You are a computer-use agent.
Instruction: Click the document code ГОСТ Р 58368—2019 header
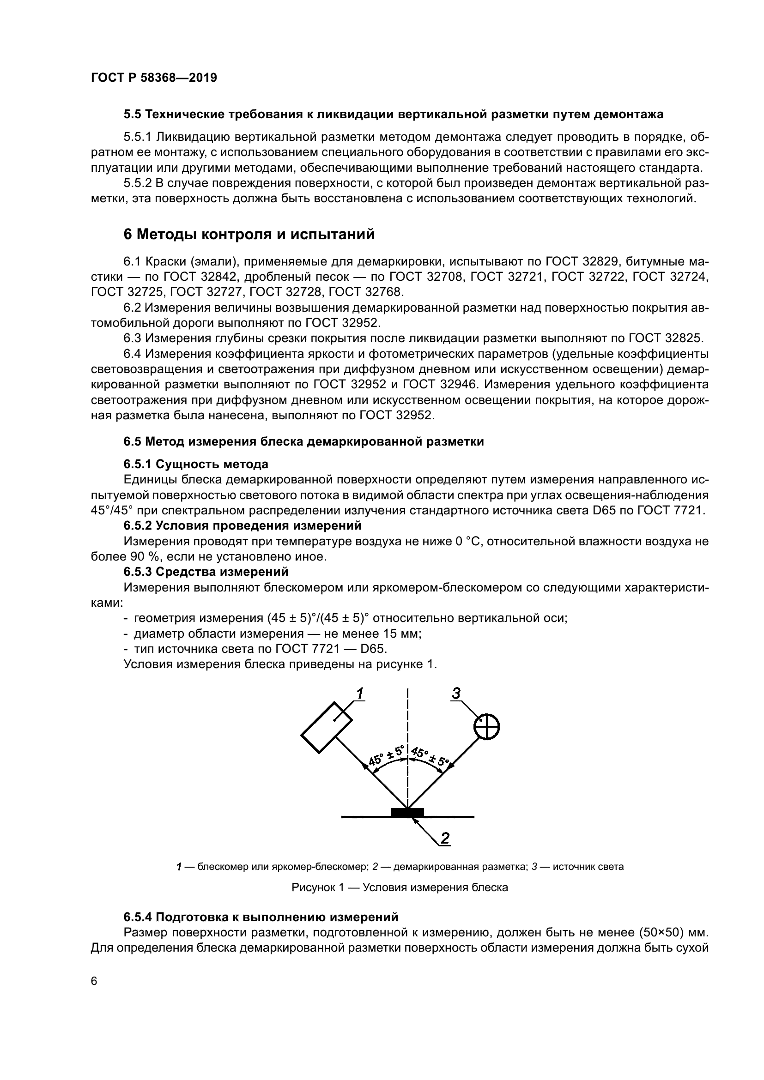pyautogui.click(x=154, y=78)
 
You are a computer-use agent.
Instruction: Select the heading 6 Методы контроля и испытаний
pyautogui.click(x=249, y=234)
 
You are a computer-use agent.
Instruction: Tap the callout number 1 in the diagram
pyautogui.click(x=359, y=693)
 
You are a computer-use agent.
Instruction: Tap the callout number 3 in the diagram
pyautogui.click(x=456, y=693)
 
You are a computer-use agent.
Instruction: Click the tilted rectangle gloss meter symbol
pyautogui.click(x=327, y=727)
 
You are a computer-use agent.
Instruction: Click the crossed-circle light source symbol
pyautogui.click(x=486, y=728)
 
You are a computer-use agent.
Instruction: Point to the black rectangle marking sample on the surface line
pyautogui.click(x=407, y=812)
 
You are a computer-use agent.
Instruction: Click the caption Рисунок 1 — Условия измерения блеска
pyautogui.click(x=400, y=887)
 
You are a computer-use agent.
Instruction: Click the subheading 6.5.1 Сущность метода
pyautogui.click(x=196, y=464)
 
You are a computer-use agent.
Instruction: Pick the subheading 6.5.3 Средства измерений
pyautogui.click(x=206, y=572)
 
